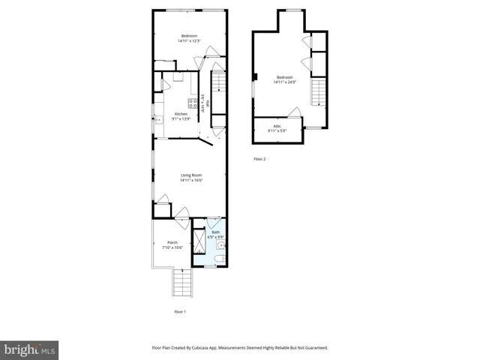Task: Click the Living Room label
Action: pos(190,175)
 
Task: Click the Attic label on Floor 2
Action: pos(277,127)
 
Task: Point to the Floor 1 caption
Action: pos(180,311)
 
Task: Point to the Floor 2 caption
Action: pos(259,159)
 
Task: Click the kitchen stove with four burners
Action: pos(193,103)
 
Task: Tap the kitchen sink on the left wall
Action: pos(158,118)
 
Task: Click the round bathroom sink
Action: pos(221,243)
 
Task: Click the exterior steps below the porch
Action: pos(182,283)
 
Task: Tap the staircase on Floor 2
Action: pos(319,93)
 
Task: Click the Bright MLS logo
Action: pos(29,350)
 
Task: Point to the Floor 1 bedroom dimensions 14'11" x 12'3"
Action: pos(189,41)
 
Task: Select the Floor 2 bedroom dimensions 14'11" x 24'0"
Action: pos(284,81)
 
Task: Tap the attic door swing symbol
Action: pos(295,112)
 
